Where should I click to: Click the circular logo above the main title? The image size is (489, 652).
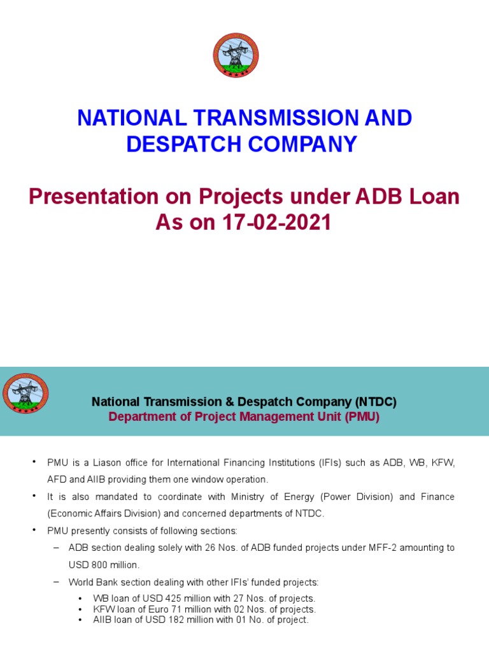(x=236, y=55)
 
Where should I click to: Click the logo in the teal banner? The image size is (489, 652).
(x=25, y=393)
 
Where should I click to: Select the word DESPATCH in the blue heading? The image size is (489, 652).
(x=180, y=144)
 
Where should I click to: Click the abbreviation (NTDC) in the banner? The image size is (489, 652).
(x=376, y=402)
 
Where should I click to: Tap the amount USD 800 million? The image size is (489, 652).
(x=104, y=565)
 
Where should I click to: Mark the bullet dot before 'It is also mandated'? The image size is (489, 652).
(x=34, y=496)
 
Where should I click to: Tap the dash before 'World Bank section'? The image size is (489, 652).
(x=55, y=581)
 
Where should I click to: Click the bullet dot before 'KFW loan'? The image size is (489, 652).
(x=80, y=609)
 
